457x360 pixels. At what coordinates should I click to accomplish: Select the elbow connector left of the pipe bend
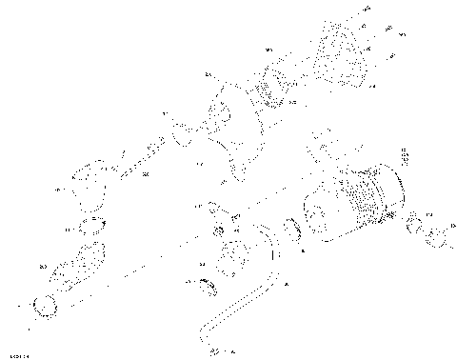point(234,255)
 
